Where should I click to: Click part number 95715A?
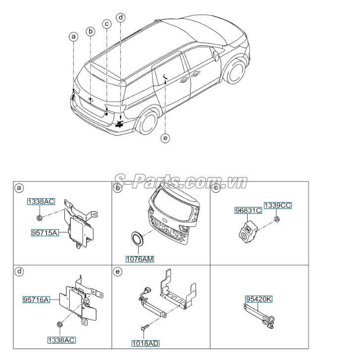click(x=44, y=231)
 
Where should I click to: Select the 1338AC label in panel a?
click(x=41, y=202)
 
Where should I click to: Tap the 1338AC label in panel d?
click(x=61, y=340)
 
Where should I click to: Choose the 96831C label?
click(x=248, y=210)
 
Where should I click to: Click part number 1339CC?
click(x=277, y=205)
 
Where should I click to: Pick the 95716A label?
click(x=36, y=299)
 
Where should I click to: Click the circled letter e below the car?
click(x=165, y=138)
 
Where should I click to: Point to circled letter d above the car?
click(x=120, y=17)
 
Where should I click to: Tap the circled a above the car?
click(x=73, y=36)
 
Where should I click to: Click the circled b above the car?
click(x=90, y=31)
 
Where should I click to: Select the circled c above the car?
click(x=106, y=23)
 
